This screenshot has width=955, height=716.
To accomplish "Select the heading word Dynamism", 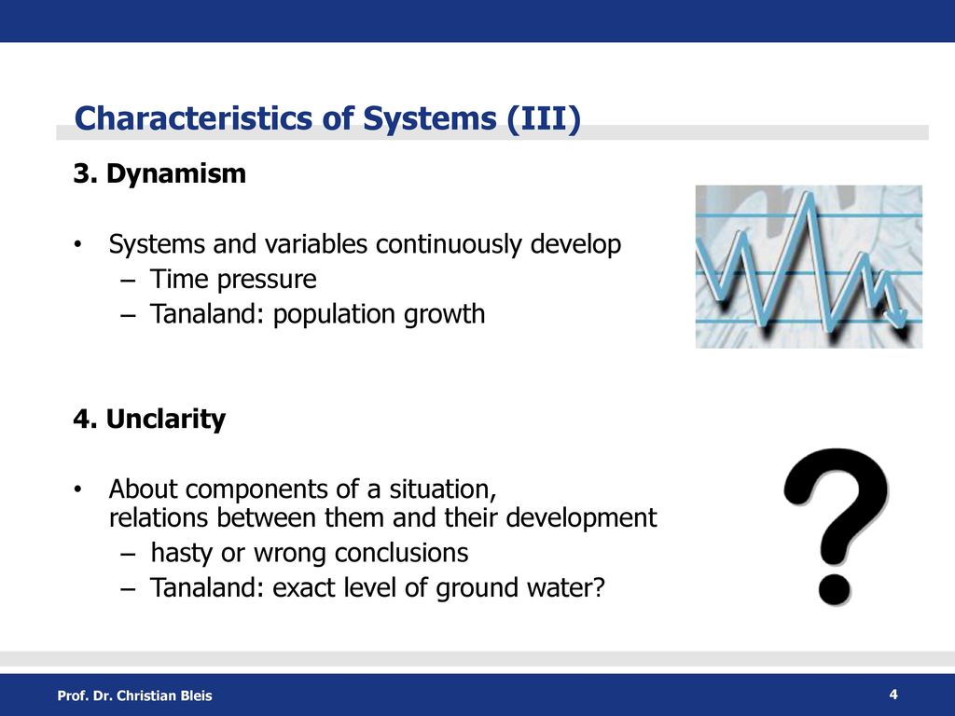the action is (x=176, y=173).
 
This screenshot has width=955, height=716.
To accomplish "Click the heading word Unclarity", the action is (x=166, y=420).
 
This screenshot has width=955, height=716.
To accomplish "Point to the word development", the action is (x=581, y=518).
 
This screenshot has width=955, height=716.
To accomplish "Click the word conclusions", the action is (x=401, y=553).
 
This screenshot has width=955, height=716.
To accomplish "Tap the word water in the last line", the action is (x=566, y=588).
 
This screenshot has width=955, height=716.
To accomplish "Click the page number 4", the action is (x=893, y=695).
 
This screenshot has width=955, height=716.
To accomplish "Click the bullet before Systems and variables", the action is (x=76, y=245).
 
